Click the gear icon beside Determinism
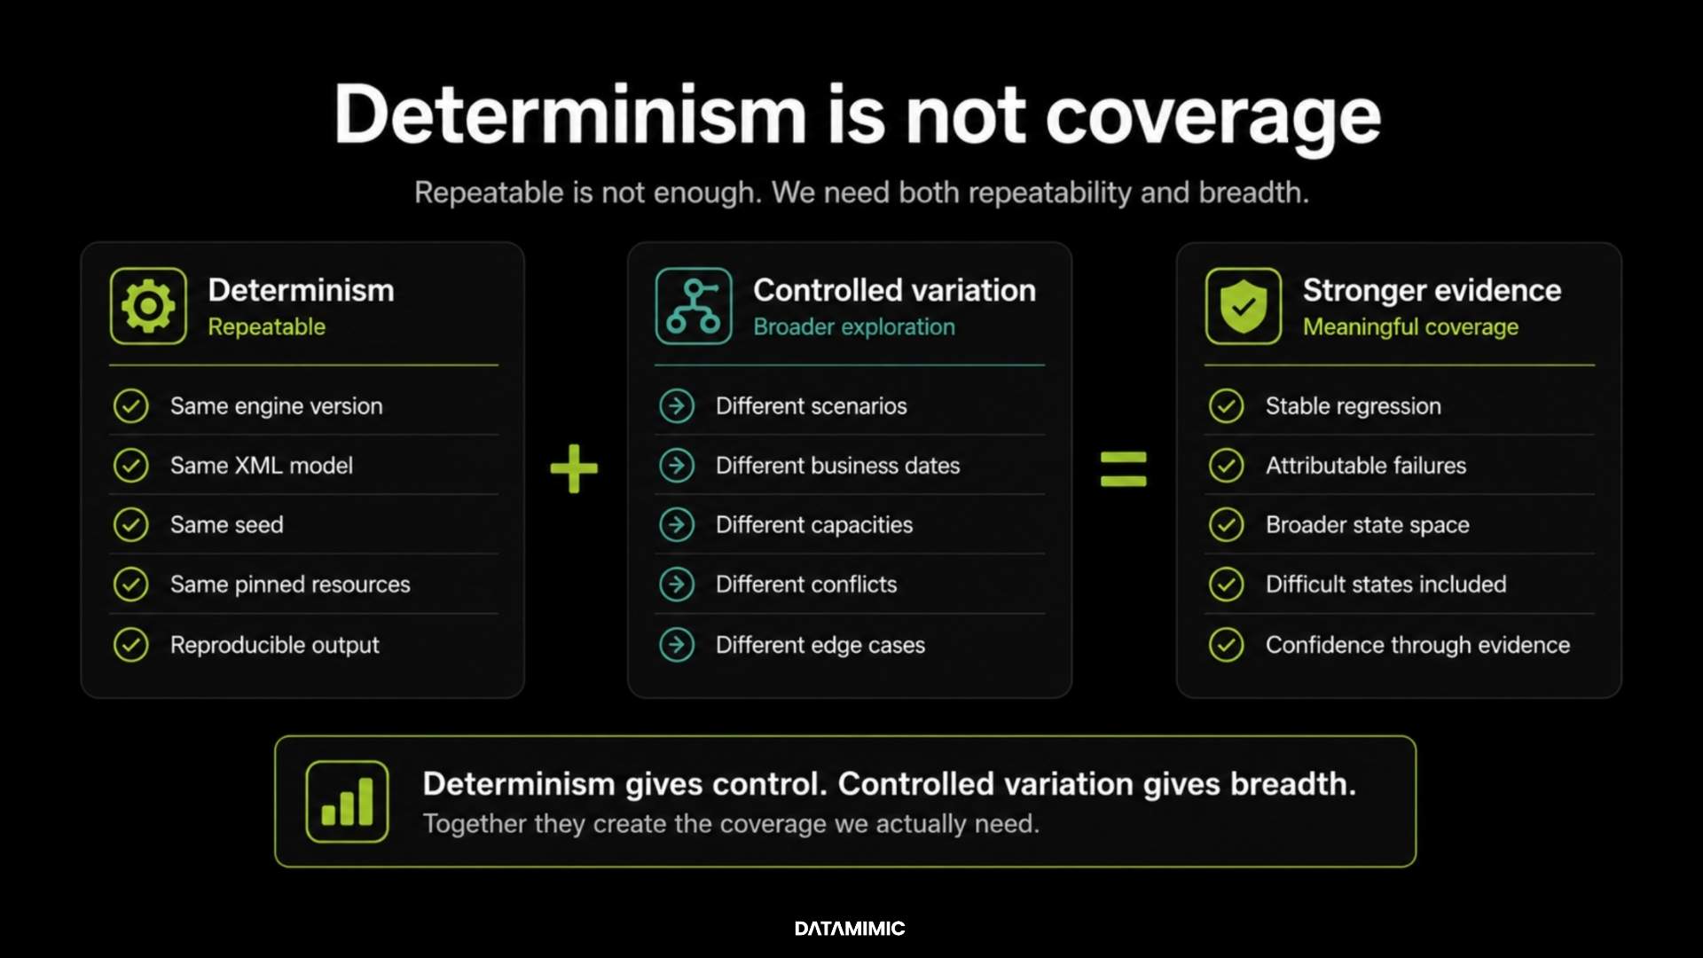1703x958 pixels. coord(148,306)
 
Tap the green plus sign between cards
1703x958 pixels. coord(574,468)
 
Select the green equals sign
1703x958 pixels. coord(1123,469)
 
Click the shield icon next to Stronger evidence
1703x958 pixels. coord(1244,306)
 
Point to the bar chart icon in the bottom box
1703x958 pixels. coord(347,801)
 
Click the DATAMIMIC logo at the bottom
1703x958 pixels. coord(850,929)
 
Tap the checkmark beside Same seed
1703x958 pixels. coord(131,524)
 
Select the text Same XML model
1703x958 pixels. coord(262,465)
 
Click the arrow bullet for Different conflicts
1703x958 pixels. coord(677,584)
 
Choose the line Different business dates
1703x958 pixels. coord(837,465)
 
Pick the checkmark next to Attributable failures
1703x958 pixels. coord(1227,465)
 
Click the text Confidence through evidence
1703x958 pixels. coord(1417,645)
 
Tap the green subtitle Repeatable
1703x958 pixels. coord(266,327)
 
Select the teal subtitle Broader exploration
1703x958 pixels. coord(854,327)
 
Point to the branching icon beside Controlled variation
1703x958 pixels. coord(694,306)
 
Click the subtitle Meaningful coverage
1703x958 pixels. coord(1410,327)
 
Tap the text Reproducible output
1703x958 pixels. coord(274,645)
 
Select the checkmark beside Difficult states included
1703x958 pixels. coord(1227,584)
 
